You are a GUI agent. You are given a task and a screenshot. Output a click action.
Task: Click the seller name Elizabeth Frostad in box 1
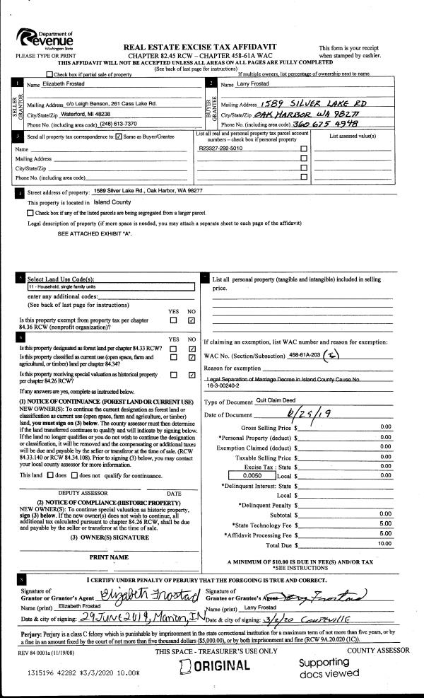click(x=63, y=84)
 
